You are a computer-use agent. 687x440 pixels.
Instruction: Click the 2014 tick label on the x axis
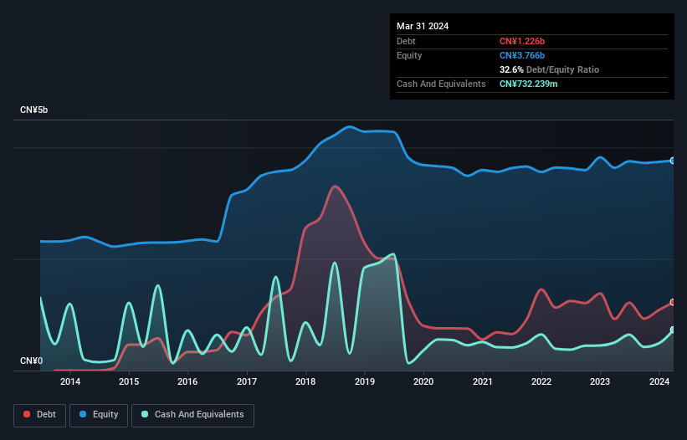(70, 382)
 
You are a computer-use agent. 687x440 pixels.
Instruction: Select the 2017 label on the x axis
(247, 382)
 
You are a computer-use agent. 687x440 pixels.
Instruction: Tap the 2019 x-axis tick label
(365, 382)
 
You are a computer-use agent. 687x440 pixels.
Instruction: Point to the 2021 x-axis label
(482, 382)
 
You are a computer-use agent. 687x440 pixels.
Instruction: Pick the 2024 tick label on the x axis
(659, 382)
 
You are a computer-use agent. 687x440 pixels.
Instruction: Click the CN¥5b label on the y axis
(34, 110)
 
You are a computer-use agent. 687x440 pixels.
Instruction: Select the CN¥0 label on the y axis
(31, 361)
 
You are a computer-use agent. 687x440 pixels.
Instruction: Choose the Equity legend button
(99, 415)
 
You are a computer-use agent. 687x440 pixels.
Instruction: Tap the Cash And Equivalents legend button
(192, 415)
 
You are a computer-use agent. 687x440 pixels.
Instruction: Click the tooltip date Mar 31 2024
(423, 26)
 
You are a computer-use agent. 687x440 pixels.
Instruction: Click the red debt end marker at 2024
(673, 303)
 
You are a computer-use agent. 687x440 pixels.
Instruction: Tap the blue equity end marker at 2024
(673, 161)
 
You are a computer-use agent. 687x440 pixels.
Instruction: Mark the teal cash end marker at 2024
(673, 330)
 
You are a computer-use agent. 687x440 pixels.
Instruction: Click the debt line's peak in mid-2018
(335, 186)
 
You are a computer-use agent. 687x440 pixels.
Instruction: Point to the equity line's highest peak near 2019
(350, 126)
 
